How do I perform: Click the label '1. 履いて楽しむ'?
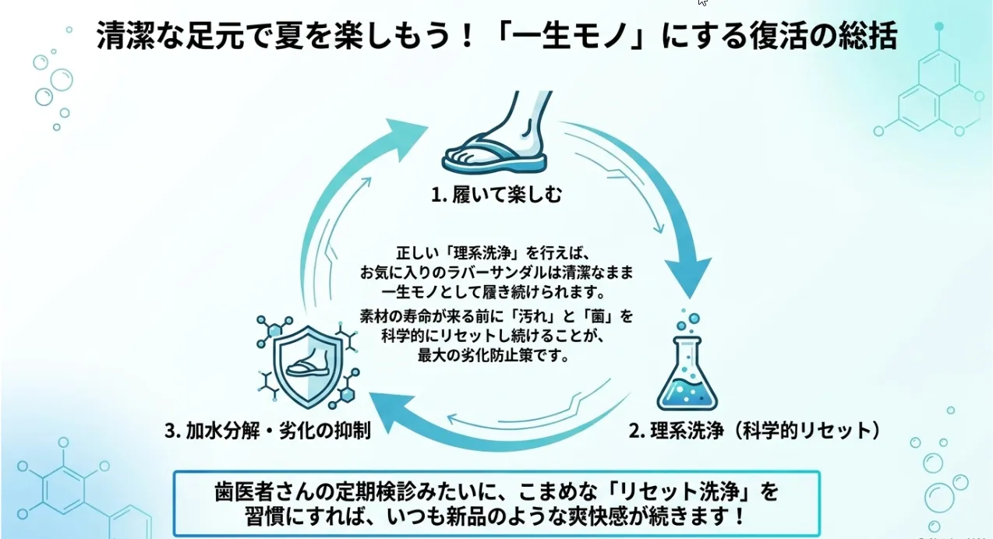click(x=497, y=195)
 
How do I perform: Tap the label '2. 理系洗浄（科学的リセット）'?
click(x=754, y=431)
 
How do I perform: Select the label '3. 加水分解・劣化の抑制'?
click(x=268, y=431)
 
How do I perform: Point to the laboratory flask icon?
click(x=687, y=373)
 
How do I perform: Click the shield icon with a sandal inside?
click(x=308, y=367)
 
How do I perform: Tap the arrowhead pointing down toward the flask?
click(x=688, y=277)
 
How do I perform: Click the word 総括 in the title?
click(x=867, y=35)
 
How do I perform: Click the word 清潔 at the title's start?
click(x=125, y=35)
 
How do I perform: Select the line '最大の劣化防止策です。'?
click(x=493, y=356)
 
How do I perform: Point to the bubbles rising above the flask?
click(x=687, y=320)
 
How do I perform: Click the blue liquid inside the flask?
click(x=687, y=393)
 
